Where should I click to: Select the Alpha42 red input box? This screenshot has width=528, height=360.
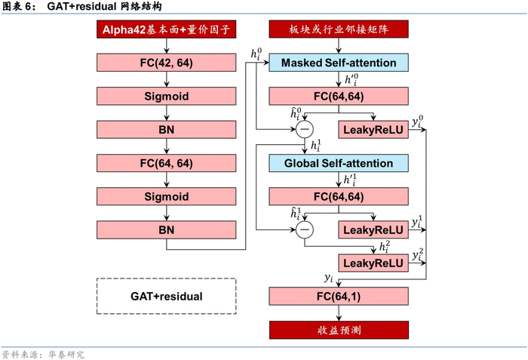pos(166,31)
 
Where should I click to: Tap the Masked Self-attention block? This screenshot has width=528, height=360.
pos(338,63)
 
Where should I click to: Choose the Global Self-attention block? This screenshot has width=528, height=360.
pos(338,163)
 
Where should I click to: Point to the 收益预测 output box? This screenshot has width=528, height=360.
pos(338,330)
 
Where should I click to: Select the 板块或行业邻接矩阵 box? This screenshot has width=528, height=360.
pos(338,31)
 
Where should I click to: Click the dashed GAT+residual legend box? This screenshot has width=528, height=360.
pos(166,296)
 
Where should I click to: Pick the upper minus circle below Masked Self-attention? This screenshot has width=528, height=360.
pos(305,129)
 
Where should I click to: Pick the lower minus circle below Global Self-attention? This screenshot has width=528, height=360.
pos(305,229)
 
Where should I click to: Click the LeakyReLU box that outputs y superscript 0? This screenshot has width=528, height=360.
pos(374,130)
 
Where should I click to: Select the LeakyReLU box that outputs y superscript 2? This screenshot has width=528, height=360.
pos(374,263)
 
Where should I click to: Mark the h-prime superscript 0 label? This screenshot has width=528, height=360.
pos(352,80)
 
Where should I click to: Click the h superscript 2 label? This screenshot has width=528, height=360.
pos(385,247)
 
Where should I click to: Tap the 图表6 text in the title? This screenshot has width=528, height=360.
pos(19,7)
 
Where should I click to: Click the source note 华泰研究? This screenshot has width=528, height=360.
pos(66,354)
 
